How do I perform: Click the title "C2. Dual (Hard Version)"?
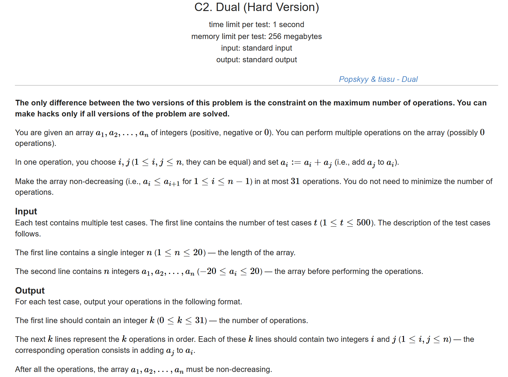(x=257, y=7)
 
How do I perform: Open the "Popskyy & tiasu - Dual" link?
(x=378, y=79)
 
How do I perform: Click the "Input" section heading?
(x=26, y=211)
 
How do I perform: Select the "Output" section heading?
(x=30, y=290)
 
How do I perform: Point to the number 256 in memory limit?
(x=275, y=36)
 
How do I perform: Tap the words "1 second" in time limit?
(x=288, y=24)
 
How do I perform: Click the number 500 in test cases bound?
(x=363, y=223)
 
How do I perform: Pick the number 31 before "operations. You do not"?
(x=295, y=181)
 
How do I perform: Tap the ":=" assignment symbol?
(x=296, y=162)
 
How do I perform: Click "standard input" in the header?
(x=267, y=48)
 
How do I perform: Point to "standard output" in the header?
(x=270, y=60)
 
